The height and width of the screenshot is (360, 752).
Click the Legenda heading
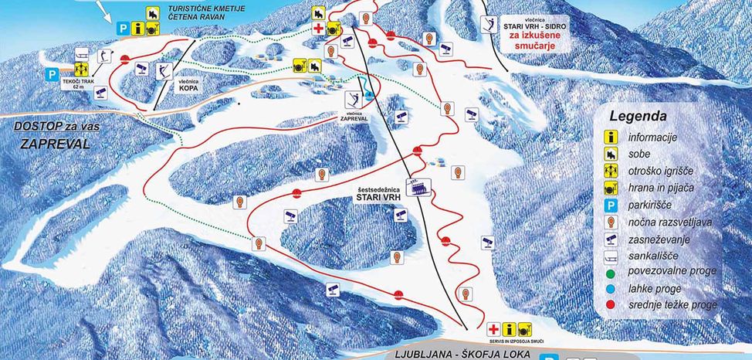(x=637, y=117)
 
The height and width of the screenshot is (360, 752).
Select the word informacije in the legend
(x=652, y=137)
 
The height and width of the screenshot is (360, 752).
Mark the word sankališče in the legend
(x=655, y=255)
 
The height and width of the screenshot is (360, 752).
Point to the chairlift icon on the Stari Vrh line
(x=421, y=188)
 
